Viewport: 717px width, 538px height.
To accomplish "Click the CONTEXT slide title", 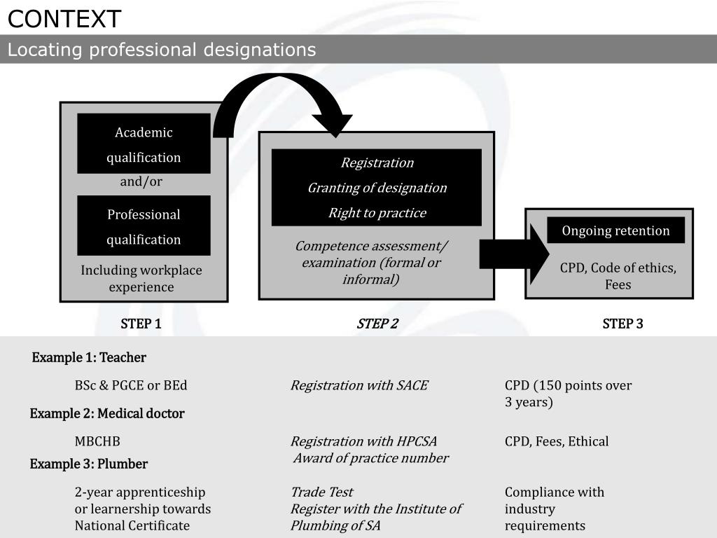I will [64, 19].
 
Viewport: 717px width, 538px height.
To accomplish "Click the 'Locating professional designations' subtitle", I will [162, 50].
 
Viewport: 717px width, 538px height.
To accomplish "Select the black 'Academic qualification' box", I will [144, 144].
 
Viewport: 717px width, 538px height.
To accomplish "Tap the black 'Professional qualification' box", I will [144, 226].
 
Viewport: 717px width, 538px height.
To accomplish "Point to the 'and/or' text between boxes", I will [141, 182].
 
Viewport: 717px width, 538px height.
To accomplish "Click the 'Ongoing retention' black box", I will [615, 231].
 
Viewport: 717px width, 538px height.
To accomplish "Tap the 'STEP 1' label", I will [141, 324].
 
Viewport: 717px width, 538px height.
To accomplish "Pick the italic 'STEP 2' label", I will [377, 324].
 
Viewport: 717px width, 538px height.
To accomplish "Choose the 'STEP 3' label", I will [622, 324].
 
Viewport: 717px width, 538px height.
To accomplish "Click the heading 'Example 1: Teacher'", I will [89, 358].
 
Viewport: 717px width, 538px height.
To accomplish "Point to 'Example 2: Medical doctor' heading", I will [107, 414].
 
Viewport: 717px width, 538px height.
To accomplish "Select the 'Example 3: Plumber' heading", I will [89, 464].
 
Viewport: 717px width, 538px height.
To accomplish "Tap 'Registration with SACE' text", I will [358, 386].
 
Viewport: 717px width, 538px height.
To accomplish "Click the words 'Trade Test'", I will [321, 492].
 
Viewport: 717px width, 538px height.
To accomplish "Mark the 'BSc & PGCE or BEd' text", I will [131, 386].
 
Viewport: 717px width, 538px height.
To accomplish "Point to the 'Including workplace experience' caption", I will [141, 279].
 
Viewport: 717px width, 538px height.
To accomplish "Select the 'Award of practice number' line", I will [370, 459].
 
